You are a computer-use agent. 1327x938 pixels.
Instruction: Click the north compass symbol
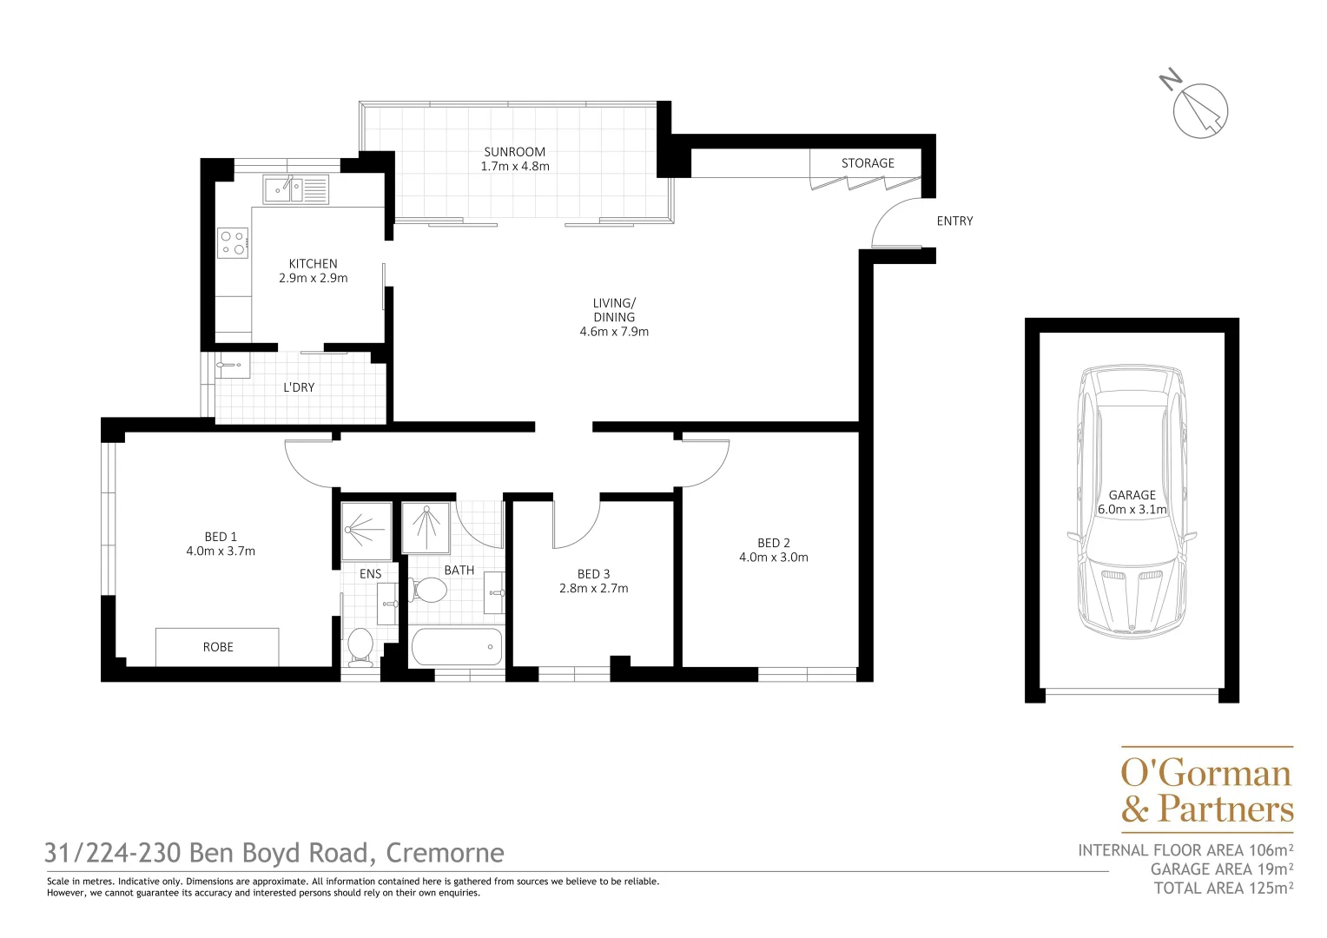point(1199,110)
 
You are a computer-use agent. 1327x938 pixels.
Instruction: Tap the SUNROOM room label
point(515,152)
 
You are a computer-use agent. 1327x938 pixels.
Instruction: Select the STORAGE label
point(867,163)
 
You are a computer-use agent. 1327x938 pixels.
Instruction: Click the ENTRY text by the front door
point(954,221)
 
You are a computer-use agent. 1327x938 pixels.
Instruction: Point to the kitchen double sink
point(295,188)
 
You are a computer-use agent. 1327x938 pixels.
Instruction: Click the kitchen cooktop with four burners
point(233,242)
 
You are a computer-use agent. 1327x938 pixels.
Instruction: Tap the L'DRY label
point(299,387)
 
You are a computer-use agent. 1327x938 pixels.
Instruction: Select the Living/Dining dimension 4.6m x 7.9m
point(614,332)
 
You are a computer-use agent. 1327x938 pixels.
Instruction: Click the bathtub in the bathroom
point(457,647)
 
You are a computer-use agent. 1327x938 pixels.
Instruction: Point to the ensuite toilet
point(360,645)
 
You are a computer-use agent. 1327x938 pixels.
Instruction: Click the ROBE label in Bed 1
point(218,647)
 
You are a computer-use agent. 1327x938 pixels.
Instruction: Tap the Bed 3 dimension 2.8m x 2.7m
point(593,589)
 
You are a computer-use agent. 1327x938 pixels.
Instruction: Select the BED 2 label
point(773,543)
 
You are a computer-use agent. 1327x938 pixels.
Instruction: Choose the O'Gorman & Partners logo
point(1206,790)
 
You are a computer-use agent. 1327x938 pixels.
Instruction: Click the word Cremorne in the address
point(445,853)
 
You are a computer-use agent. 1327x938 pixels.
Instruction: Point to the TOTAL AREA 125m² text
point(1223,888)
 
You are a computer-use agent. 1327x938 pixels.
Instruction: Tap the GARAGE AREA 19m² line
point(1221,869)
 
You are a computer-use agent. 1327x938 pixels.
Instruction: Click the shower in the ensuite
point(366,530)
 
